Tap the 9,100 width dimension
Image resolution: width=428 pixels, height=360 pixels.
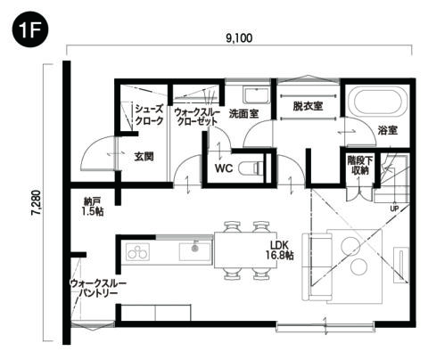pos(239,38)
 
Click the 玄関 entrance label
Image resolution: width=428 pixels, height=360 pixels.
pos(144,156)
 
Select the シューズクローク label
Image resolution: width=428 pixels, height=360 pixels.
pos(148,115)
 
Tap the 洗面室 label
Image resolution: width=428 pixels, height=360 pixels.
pos(243,114)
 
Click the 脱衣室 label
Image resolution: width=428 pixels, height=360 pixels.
pos(308,106)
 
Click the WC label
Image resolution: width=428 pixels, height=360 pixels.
pos(223,166)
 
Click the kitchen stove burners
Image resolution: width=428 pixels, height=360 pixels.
pos(136,252)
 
